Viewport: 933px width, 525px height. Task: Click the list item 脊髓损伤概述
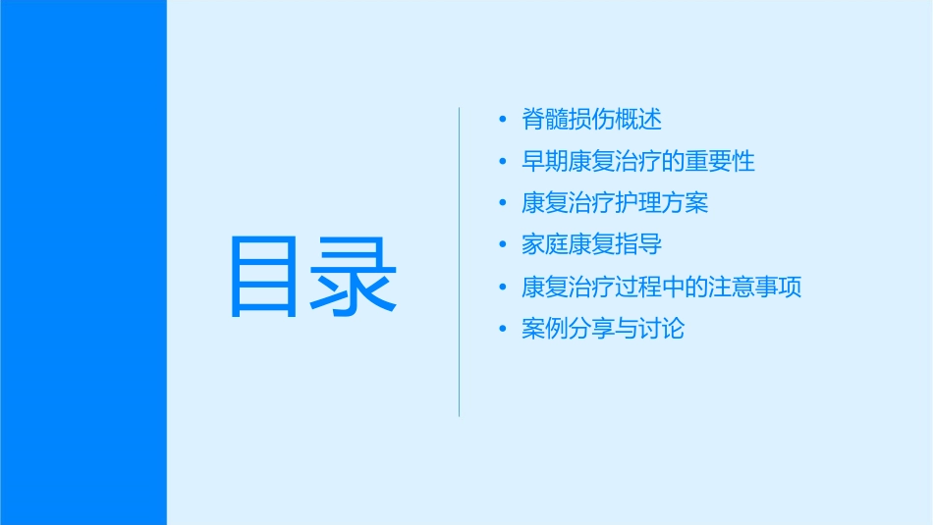(591, 120)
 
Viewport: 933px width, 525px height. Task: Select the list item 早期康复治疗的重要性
(638, 162)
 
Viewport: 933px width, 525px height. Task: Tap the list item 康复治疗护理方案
(615, 203)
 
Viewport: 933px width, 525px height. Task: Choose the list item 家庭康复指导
(591, 244)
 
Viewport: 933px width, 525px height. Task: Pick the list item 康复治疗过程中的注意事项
(662, 287)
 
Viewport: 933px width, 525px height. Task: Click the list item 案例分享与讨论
(603, 328)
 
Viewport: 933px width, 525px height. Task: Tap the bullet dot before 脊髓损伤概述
(503, 121)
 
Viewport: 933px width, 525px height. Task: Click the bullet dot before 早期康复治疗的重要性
(503, 162)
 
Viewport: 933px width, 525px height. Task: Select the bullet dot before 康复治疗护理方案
(503, 203)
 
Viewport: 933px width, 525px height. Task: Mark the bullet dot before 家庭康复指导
(503, 245)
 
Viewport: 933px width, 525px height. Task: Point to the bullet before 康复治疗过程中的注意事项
(503, 287)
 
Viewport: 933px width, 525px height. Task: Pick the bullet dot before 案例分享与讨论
(503, 329)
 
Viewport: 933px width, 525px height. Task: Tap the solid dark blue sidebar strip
(82, 262)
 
